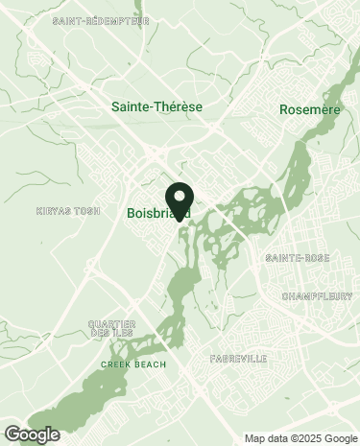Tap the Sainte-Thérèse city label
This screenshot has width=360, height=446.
click(x=157, y=106)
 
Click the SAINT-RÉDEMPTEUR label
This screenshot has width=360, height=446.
click(x=102, y=20)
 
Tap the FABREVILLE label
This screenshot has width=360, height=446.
click(x=238, y=358)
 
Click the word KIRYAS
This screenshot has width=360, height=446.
click(x=52, y=210)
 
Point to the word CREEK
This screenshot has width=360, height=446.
click(x=117, y=364)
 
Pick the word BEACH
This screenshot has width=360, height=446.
click(x=150, y=364)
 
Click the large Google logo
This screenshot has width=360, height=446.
click(x=32, y=434)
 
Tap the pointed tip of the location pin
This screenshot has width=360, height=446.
click(x=180, y=216)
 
